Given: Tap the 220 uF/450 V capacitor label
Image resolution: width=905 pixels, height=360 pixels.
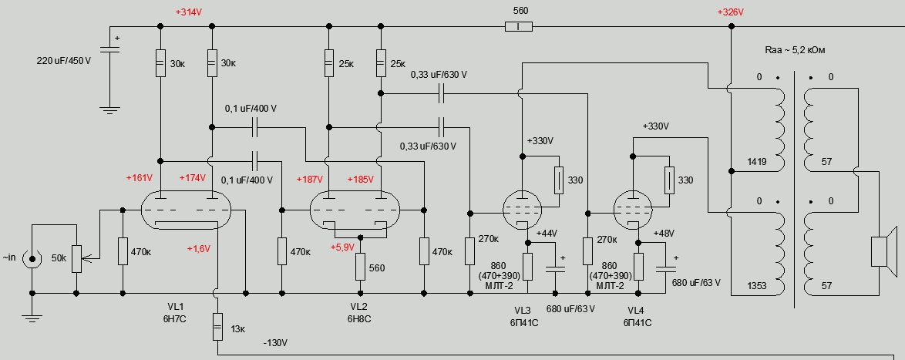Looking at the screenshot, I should coord(64,60).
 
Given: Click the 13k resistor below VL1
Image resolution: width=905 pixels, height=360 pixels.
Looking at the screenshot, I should coord(218,328).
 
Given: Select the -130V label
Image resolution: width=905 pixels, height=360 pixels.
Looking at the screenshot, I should coord(275,342).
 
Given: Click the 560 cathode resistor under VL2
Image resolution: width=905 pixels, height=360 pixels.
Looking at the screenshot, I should coord(360,267).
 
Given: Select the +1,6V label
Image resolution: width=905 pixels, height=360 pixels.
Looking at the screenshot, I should coord(200,249).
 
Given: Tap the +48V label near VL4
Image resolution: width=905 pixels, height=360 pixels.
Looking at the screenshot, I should coord(664,233).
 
